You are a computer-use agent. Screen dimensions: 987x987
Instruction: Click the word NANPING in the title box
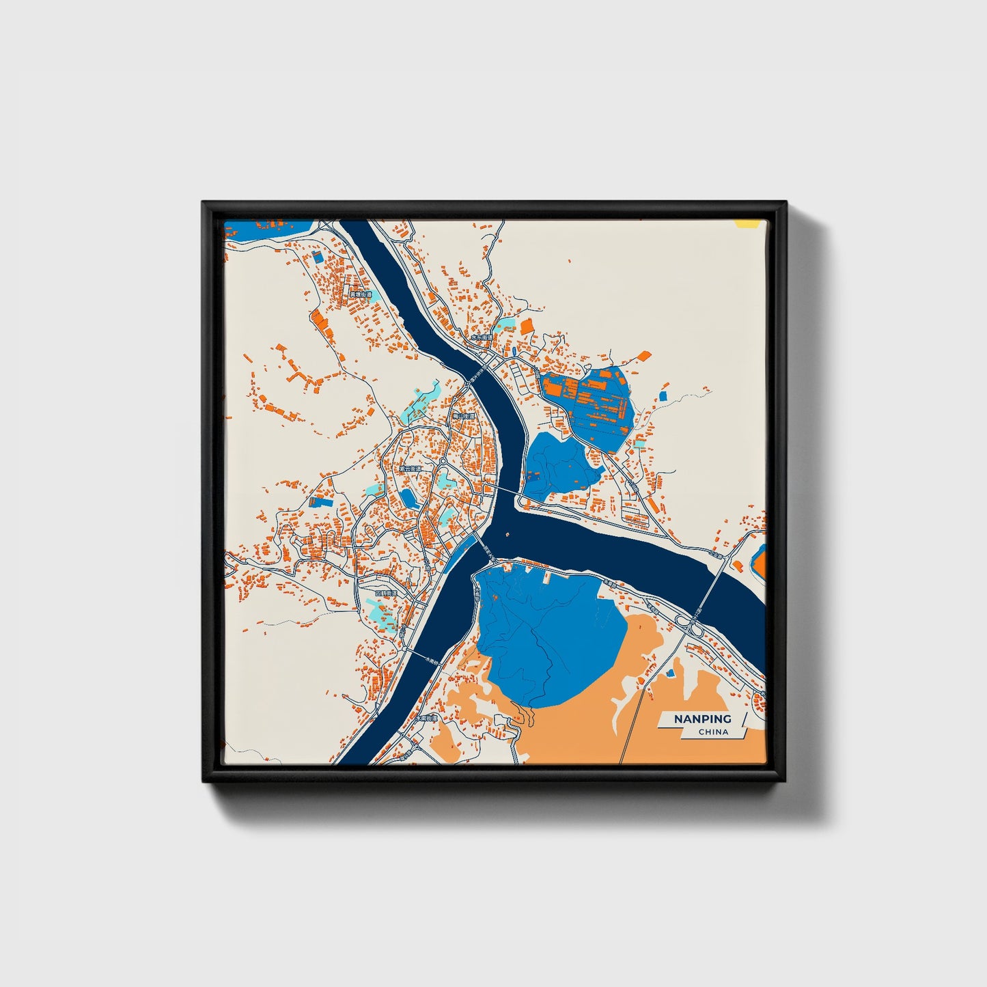click(x=702, y=719)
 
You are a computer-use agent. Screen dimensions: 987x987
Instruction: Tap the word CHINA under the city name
click(x=713, y=732)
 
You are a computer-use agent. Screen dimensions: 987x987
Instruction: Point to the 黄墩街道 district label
click(x=361, y=294)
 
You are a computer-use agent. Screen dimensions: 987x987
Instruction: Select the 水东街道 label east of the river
click(x=481, y=337)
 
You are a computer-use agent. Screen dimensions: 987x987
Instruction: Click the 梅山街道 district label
click(x=464, y=415)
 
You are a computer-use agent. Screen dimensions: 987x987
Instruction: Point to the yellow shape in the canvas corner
click(x=746, y=223)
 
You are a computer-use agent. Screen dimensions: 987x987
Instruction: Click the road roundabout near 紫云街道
click(x=443, y=462)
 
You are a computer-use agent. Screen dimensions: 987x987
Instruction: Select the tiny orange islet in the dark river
click(x=507, y=535)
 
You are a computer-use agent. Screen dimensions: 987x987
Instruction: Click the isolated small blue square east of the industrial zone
click(x=663, y=395)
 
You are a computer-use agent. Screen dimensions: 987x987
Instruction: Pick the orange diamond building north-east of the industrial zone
click(x=643, y=355)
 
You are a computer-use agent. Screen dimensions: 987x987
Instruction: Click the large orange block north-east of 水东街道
click(x=527, y=326)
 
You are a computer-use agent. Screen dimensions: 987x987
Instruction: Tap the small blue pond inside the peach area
click(x=670, y=673)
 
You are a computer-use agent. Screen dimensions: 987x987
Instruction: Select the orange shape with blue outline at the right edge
click(x=760, y=561)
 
